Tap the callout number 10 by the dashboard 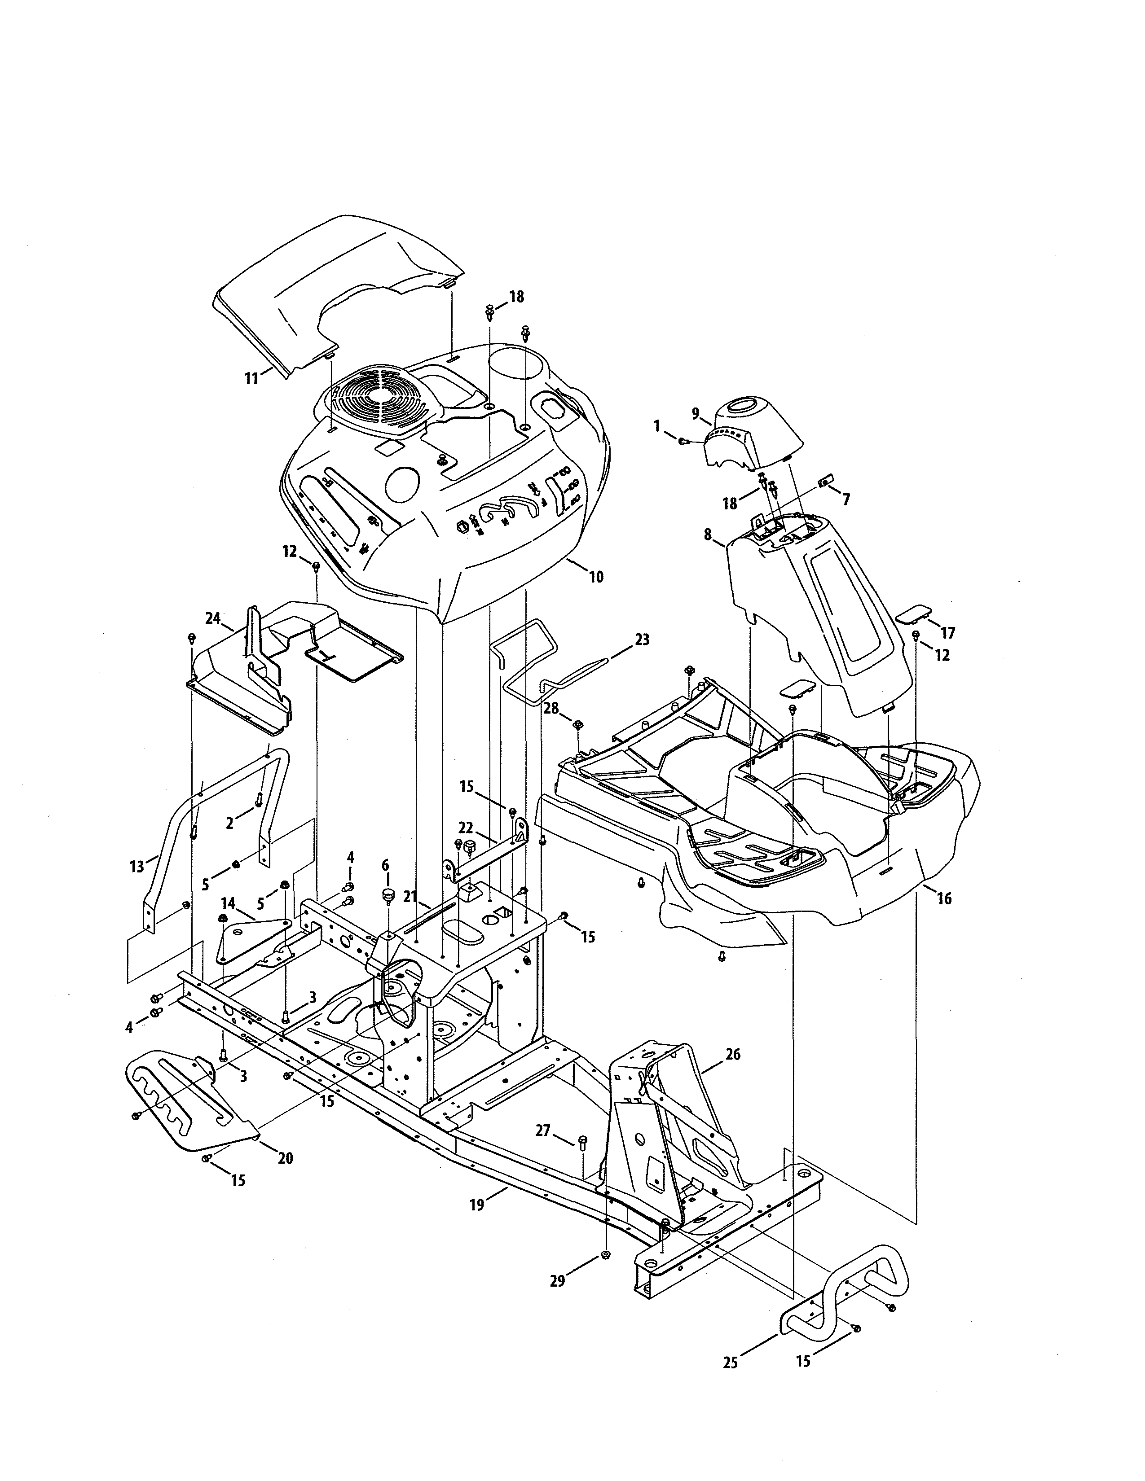click(x=595, y=577)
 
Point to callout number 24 click(x=213, y=618)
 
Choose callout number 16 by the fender click(x=943, y=898)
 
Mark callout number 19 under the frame click(x=477, y=1205)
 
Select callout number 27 click(x=543, y=1130)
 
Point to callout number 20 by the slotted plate click(x=286, y=1158)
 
